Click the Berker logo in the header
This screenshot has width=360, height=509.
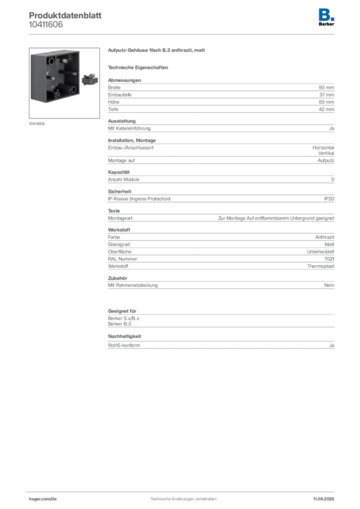326,17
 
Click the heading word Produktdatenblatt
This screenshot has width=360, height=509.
65,15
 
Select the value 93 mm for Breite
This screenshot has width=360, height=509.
326,87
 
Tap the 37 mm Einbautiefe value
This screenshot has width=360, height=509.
327,95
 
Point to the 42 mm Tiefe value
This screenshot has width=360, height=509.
326,109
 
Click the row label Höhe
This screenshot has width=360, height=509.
113,102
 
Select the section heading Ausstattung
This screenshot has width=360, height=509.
122,121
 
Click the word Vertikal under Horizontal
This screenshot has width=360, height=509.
326,153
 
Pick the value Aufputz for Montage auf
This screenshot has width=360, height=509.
326,161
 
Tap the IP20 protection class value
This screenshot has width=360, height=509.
329,199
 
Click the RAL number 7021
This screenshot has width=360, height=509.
329,258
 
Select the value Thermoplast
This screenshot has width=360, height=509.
321,266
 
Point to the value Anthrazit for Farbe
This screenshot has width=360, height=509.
325,237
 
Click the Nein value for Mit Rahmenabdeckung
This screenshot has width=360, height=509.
329,285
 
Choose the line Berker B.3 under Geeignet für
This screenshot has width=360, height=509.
119,324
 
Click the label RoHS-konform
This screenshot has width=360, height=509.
124,345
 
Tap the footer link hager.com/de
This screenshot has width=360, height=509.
43,499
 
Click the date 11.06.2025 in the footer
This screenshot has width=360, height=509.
324,499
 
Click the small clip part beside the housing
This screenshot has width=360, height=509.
90,80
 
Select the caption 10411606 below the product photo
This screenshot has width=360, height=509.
37,124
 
